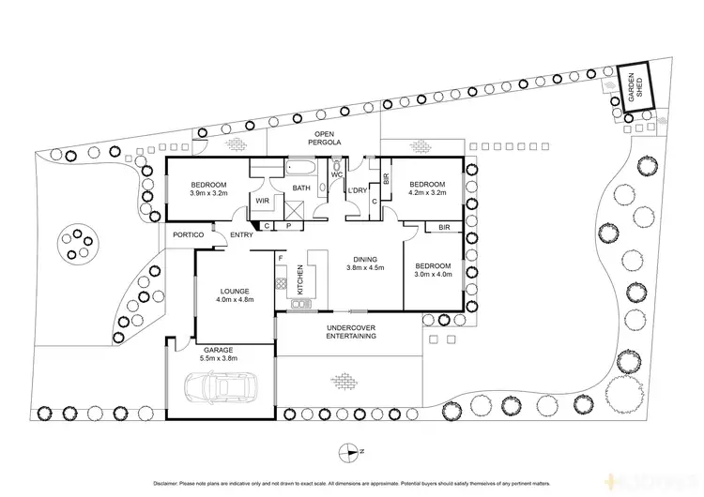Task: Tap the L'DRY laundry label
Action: [358, 190]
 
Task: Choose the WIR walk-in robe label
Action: [263, 200]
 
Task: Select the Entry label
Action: [241, 235]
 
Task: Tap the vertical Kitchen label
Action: [300, 279]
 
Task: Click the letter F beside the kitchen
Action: [280, 256]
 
